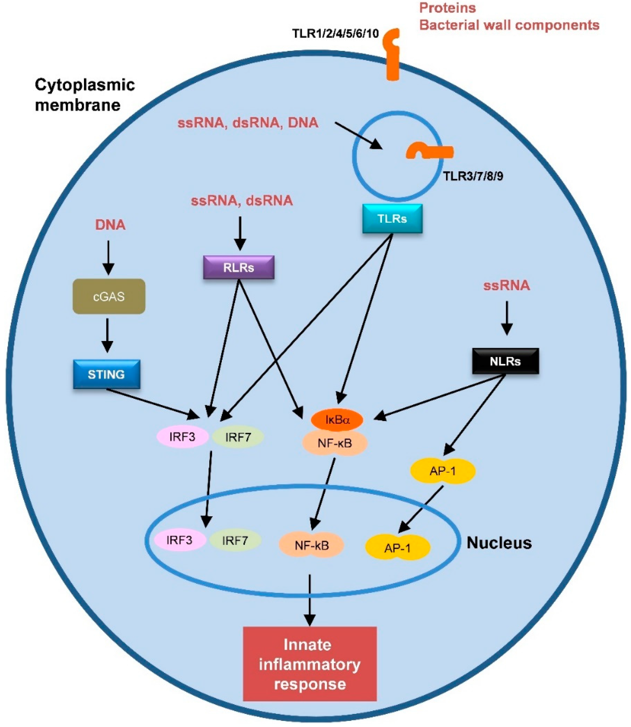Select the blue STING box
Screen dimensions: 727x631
(x=106, y=374)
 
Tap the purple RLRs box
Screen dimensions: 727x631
(x=238, y=267)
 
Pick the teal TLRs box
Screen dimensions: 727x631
(x=392, y=219)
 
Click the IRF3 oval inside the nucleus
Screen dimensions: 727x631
(x=180, y=540)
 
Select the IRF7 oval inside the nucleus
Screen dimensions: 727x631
(x=235, y=540)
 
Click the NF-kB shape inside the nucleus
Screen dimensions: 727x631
(x=311, y=545)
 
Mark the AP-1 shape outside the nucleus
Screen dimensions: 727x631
(x=443, y=471)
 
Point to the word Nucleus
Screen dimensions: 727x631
(x=499, y=543)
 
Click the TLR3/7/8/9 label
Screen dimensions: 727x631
(x=473, y=176)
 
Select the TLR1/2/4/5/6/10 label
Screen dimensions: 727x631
(x=335, y=34)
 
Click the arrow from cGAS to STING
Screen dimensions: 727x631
(x=107, y=335)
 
